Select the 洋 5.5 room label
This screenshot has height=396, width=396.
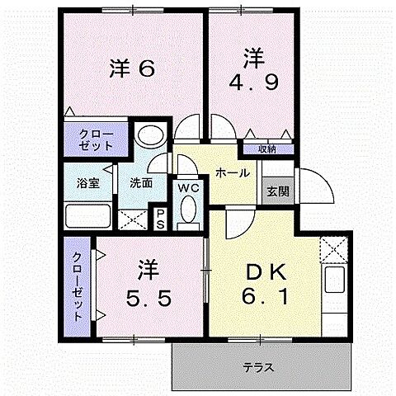[x=149, y=285]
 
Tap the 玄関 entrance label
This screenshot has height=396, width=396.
[x=277, y=190]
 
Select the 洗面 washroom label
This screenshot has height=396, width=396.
[x=140, y=183]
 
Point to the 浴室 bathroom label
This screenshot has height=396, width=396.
[x=88, y=183]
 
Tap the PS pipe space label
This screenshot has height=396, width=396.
[x=162, y=219]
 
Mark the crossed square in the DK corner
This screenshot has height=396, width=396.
[x=335, y=246]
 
